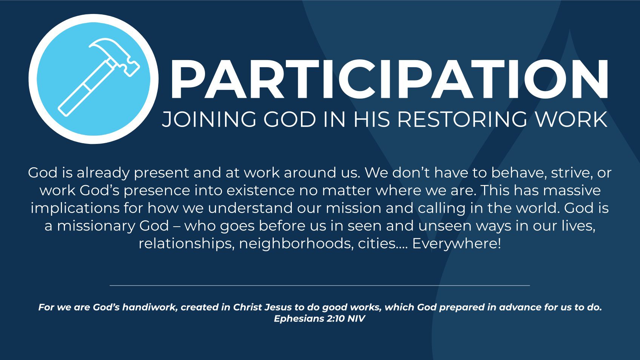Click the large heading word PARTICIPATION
tap(389, 79)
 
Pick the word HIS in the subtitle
tap(372, 119)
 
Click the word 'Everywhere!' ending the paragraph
tap(456, 244)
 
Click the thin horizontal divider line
tap(320, 285)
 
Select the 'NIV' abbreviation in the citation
tap(356, 318)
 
